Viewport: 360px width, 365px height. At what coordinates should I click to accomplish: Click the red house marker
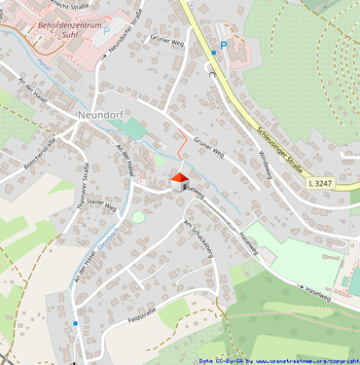179,182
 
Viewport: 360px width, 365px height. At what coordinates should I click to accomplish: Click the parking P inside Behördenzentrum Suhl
106,29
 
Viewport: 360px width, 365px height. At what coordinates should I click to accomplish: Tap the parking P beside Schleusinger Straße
223,45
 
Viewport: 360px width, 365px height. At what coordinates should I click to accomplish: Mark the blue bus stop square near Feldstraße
75,322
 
